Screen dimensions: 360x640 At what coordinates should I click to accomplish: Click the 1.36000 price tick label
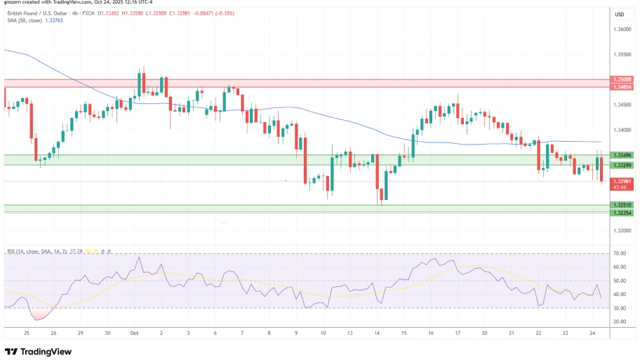point(622,29)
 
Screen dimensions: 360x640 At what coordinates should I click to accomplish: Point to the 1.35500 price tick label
point(622,54)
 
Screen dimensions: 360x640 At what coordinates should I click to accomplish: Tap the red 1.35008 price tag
point(622,79)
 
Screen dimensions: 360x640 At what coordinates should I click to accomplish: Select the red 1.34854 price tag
point(622,87)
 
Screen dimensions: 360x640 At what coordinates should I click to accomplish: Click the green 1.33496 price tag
point(622,155)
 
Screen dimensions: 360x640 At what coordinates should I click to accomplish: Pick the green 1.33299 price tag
point(622,165)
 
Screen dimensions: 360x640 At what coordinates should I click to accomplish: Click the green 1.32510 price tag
point(622,205)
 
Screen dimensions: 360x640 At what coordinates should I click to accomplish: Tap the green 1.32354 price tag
point(622,212)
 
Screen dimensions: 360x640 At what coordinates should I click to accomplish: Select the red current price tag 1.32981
point(622,181)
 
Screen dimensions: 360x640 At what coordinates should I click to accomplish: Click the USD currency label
point(620,14)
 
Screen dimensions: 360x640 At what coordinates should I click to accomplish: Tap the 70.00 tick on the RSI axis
point(620,253)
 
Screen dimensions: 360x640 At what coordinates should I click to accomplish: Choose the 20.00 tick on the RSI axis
point(620,321)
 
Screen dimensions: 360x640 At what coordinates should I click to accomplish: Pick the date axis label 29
point(80,333)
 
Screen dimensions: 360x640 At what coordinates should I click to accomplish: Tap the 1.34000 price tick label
point(622,130)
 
